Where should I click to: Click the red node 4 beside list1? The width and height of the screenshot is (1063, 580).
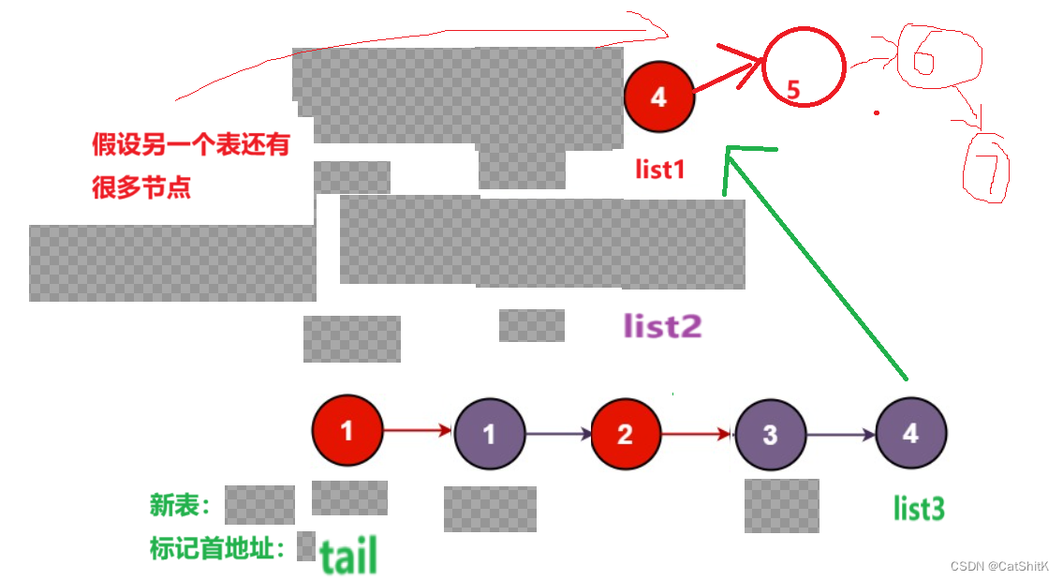pos(659,97)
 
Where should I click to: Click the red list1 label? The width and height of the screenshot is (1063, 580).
pos(660,170)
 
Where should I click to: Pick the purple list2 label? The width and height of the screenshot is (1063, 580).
pos(663,326)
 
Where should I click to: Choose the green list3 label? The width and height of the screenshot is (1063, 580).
pos(919,509)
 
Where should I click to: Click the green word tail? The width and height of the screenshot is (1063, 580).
pos(348,556)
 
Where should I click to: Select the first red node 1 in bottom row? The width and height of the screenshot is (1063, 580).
pos(347,431)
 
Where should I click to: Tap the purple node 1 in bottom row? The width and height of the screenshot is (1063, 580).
pos(489,434)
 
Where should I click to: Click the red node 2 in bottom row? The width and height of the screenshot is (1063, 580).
pos(626,434)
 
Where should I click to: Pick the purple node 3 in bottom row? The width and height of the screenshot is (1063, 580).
pos(770,435)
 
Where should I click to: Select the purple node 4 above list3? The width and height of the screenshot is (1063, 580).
pos(910,434)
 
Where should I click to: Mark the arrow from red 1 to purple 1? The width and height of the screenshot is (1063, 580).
pos(418,431)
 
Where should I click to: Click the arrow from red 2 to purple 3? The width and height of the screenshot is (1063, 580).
pos(697,434)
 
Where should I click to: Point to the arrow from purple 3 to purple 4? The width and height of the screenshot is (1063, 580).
pos(840,435)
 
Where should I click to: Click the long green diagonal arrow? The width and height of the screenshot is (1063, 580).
pos(815,262)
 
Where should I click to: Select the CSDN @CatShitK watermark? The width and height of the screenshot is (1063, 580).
pos(998,567)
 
